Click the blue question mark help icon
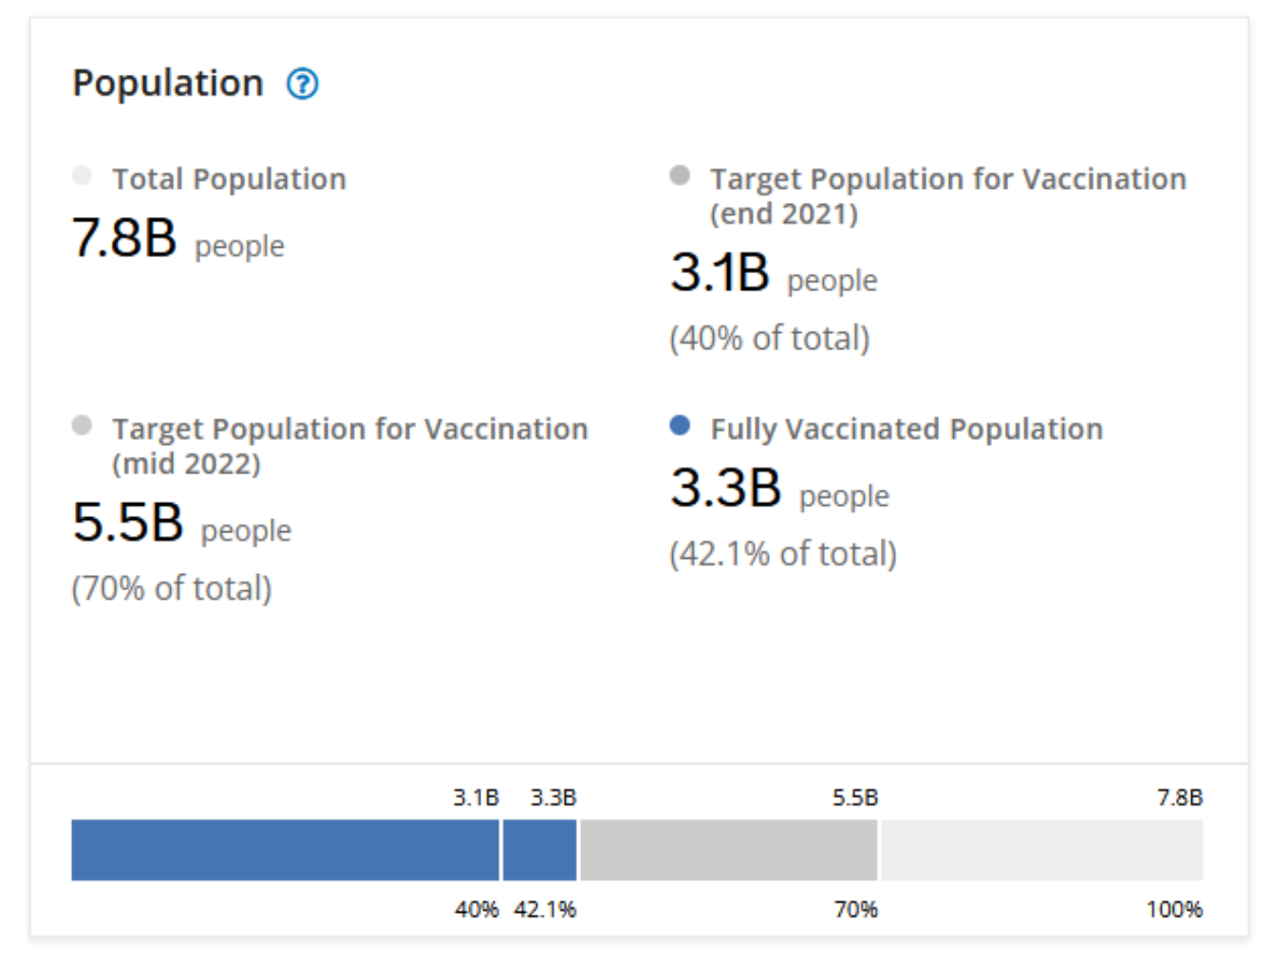point(303,84)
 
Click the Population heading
point(168,83)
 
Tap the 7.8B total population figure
point(124,237)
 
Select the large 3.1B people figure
point(720,272)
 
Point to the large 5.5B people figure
point(128,522)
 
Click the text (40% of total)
point(770,338)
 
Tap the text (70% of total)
point(172,588)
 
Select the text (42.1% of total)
point(783,553)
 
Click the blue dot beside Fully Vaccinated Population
point(680,425)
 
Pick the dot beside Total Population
point(82,176)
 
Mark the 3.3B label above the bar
point(553,798)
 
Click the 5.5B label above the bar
point(855,798)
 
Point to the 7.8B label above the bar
point(1180,798)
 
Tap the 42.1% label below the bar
point(545,910)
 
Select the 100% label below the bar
point(1174,910)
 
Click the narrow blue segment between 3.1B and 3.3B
point(539,850)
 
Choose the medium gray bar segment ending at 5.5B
point(729,850)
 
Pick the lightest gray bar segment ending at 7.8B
point(1042,850)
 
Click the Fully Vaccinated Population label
point(907,429)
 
